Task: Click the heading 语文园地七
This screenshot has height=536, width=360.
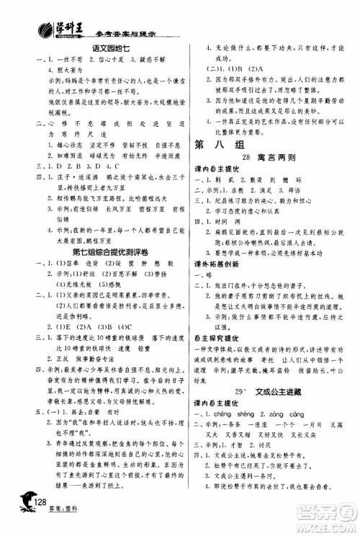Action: pyautogui.click(x=107, y=48)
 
